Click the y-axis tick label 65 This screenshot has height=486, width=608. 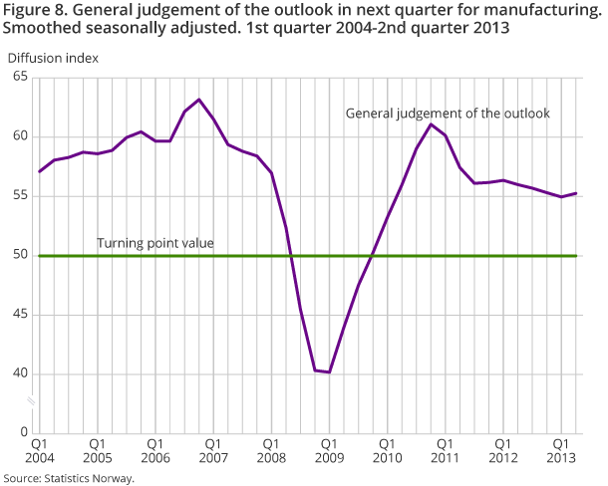pyautogui.click(x=20, y=78)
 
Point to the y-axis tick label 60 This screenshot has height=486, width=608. pyautogui.click(x=20, y=137)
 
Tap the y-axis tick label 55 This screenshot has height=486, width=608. pyautogui.click(x=20, y=196)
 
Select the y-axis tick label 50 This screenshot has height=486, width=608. pyautogui.click(x=20, y=256)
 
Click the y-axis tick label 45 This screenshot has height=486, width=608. pyautogui.click(x=20, y=315)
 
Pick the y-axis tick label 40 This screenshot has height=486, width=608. pyautogui.click(x=20, y=374)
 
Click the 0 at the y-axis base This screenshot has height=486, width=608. pyautogui.click(x=24, y=433)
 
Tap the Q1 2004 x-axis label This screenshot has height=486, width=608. pyautogui.click(x=40, y=451)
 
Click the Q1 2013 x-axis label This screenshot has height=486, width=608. pyautogui.click(x=562, y=451)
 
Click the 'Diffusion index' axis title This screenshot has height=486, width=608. pyautogui.click(x=53, y=57)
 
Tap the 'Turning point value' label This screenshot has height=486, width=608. pyautogui.click(x=154, y=242)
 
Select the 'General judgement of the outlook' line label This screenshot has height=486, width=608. pyautogui.click(x=448, y=114)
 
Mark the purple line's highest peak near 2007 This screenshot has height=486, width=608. pyautogui.click(x=199, y=100)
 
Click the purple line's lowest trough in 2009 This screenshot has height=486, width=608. pyautogui.click(x=329, y=372)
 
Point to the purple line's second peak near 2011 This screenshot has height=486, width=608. pyautogui.click(x=431, y=124)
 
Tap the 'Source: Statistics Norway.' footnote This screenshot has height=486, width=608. pyautogui.click(x=68, y=478)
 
